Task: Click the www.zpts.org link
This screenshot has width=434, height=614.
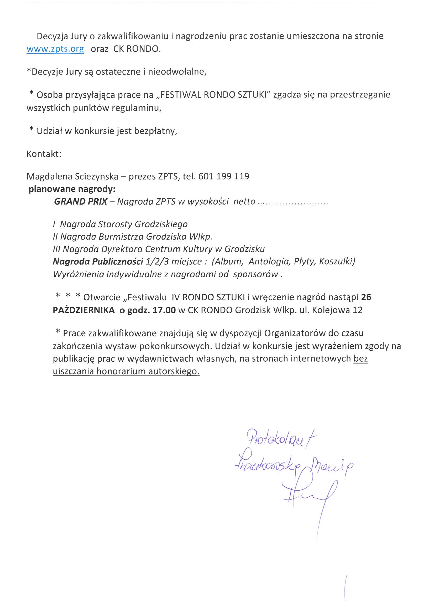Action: pos(55,49)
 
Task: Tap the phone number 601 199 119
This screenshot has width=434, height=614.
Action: pos(224,176)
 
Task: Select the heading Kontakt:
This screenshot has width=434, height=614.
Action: pos(44,154)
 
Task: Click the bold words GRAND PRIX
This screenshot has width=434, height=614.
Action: pos(81,201)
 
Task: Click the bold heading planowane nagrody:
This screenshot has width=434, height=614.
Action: pos(72,189)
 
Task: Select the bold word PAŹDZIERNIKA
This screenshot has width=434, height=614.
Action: pos(84,310)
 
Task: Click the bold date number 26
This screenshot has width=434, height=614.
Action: pos(366,297)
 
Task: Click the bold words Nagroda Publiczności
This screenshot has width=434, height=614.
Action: pos(98,261)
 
